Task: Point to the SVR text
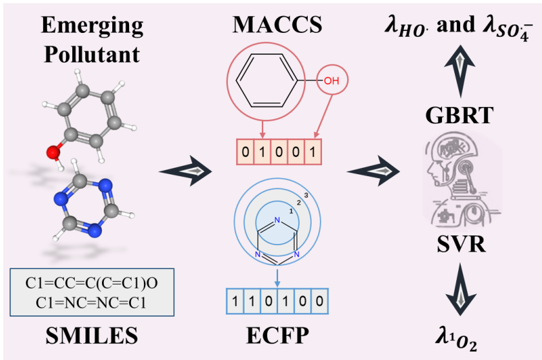coord(459,246)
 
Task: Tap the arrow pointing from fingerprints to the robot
coord(375,171)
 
